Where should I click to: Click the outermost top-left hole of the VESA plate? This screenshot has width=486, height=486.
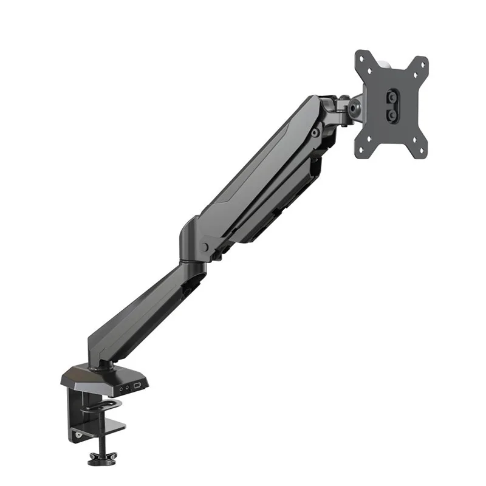(x=363, y=58)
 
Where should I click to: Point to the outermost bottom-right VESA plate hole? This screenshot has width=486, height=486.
(x=419, y=152)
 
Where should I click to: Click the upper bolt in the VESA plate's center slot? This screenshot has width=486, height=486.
(x=392, y=97)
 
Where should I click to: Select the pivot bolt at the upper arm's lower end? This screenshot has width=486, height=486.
(x=205, y=247)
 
